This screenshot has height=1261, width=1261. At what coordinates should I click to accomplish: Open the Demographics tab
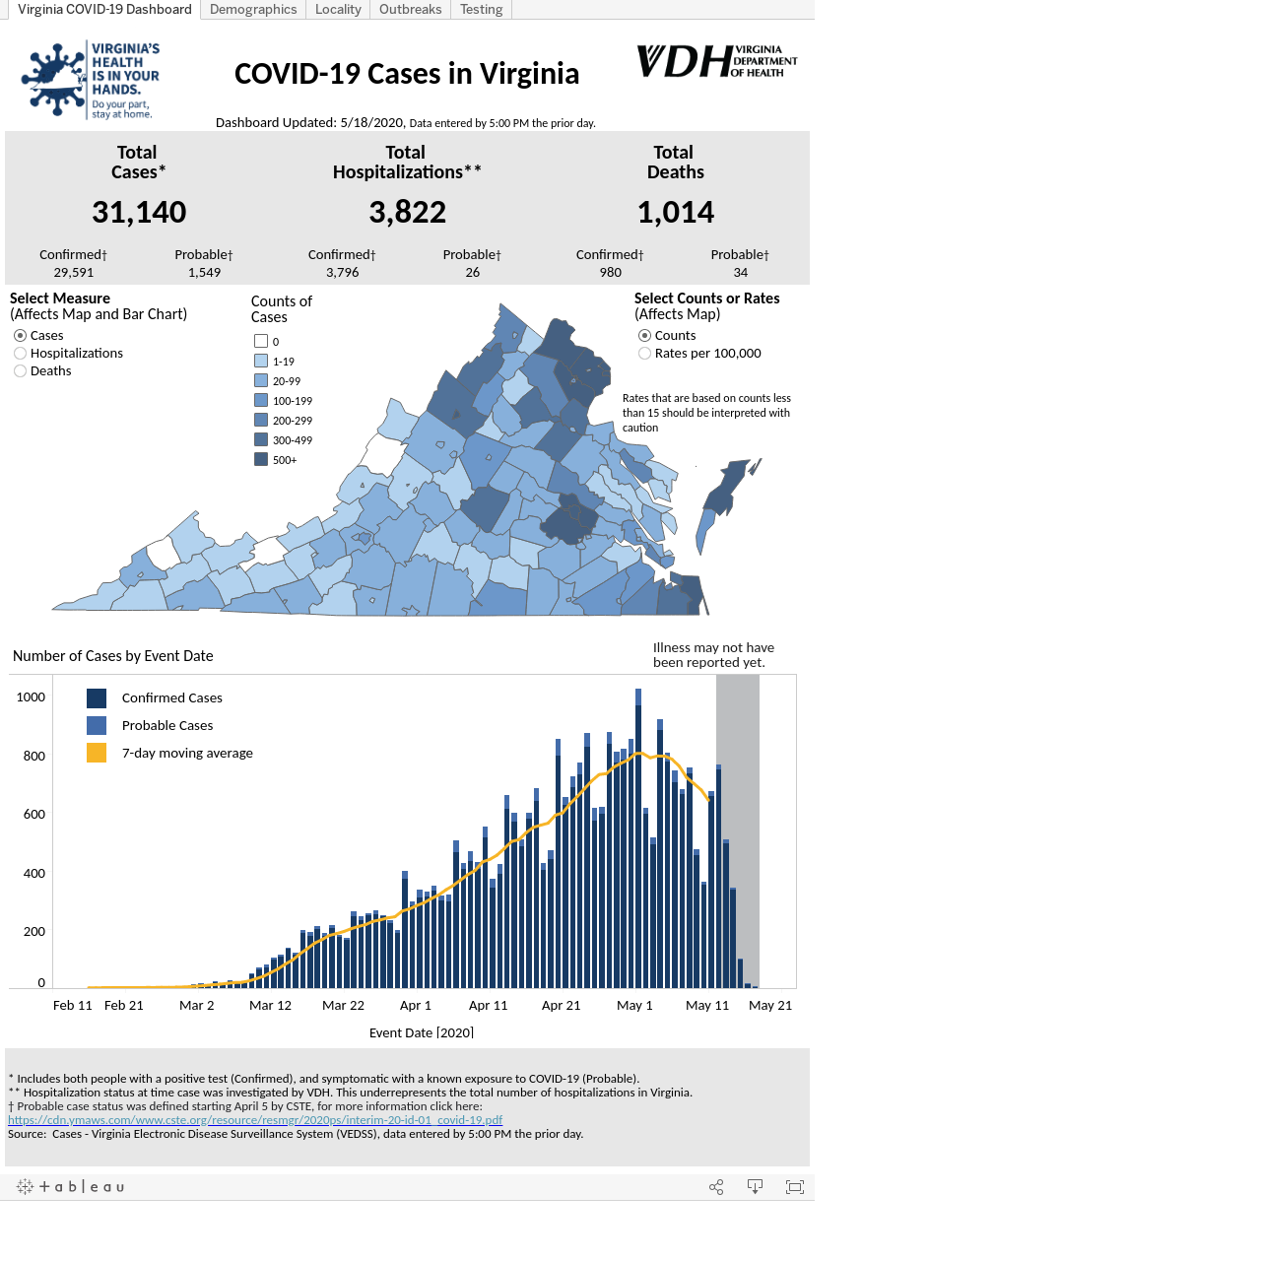click(x=252, y=9)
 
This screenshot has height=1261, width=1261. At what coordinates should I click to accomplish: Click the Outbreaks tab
click(x=410, y=9)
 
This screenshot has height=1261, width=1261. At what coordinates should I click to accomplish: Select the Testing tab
click(x=481, y=9)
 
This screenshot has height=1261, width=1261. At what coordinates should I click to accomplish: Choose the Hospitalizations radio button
click(x=21, y=354)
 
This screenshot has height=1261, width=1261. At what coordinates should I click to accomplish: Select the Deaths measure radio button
click(x=21, y=371)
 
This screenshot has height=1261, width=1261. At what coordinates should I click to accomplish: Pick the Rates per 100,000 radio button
click(x=644, y=354)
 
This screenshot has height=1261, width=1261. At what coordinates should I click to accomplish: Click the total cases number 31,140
click(x=139, y=212)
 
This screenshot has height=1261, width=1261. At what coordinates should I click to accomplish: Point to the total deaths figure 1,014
click(x=676, y=212)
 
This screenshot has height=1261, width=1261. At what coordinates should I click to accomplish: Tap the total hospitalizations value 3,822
click(x=407, y=212)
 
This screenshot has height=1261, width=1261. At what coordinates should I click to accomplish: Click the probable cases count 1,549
click(x=204, y=272)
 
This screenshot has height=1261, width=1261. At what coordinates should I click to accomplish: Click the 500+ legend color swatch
click(x=261, y=459)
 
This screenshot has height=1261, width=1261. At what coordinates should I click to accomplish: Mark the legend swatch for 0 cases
click(x=261, y=341)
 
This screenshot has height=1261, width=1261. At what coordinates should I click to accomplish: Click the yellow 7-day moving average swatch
click(x=97, y=753)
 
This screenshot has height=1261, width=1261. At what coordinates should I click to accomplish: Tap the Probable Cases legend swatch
click(x=97, y=725)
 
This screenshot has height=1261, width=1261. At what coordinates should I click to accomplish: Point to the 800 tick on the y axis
click(x=34, y=756)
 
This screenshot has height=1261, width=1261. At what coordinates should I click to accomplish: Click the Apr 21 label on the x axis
click(x=561, y=1005)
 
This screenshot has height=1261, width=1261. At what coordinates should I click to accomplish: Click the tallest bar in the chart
click(x=638, y=838)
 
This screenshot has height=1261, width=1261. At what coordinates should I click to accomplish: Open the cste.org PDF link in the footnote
click(x=255, y=1120)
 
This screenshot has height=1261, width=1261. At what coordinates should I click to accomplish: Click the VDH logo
click(x=716, y=61)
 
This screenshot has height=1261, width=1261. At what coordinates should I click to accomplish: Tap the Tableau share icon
click(x=716, y=1187)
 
